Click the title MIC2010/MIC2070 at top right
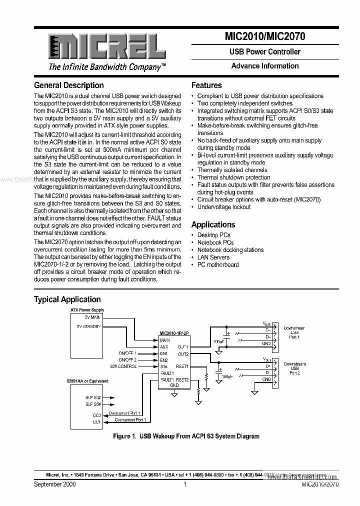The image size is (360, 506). pos(265,36)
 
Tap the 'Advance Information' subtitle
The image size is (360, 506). pos(265,66)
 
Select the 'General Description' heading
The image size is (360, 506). pos(69,85)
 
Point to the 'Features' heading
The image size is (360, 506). pos(206,85)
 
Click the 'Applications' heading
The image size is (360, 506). pos(213,225)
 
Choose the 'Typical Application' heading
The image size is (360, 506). pos(67,299)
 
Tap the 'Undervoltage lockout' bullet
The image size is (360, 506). pos(224,207)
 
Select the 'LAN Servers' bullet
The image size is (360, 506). pos(213,257)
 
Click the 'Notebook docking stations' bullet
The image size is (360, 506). pos(230,249)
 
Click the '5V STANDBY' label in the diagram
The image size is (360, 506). pos(89,326)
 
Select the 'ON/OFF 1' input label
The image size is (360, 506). pos(127,353)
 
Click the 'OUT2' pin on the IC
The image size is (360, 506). pos(183,354)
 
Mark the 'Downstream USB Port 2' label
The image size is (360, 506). pos(294,368)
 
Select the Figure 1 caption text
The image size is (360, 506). pos(186,436)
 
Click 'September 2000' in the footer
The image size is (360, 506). pos(55,484)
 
